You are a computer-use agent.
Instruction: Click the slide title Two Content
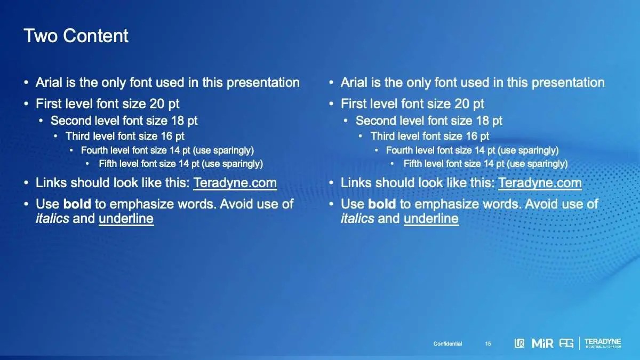[76, 36]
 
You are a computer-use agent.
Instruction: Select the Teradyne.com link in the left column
[235, 183]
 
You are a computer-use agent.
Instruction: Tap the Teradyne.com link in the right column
[540, 183]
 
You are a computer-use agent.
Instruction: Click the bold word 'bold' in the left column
[77, 204]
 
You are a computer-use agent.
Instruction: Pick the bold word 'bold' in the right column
[382, 204]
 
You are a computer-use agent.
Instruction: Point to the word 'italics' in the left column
[52, 219]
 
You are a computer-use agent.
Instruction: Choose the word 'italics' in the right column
[357, 219]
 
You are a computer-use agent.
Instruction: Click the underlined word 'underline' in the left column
[126, 219]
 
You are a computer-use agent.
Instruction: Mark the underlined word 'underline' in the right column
[431, 219]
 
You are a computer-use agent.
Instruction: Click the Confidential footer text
[447, 343]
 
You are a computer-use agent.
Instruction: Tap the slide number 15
[488, 343]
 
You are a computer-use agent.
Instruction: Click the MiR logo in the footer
[542, 343]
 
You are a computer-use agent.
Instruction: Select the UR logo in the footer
[519, 343]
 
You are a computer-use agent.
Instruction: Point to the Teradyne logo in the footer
[603, 343]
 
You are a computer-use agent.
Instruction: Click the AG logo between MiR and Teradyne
[566, 343]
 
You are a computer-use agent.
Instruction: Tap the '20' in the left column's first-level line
[157, 103]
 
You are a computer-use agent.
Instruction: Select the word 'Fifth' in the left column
[107, 164]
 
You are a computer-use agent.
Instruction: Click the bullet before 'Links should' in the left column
[26, 183]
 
